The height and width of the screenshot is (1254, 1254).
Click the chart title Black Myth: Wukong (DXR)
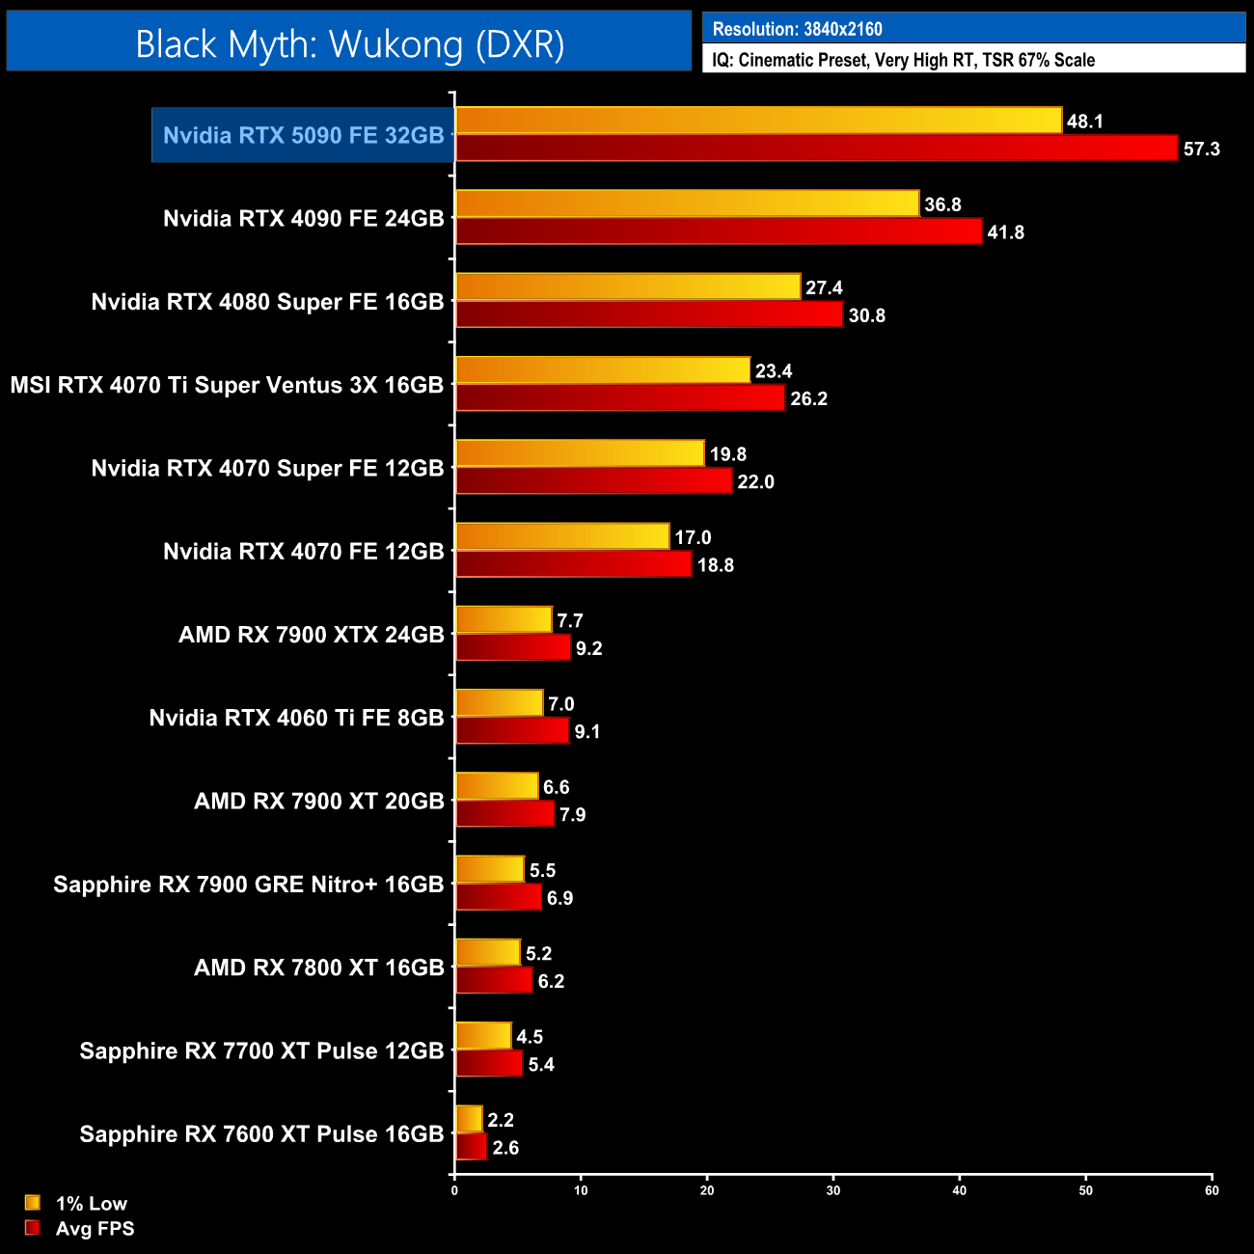tap(349, 44)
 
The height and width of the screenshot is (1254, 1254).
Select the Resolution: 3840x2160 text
tap(797, 29)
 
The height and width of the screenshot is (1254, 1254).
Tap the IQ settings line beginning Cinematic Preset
tap(903, 60)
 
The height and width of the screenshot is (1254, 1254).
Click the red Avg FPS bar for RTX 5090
tap(816, 149)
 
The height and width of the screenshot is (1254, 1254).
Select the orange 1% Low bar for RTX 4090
tap(687, 204)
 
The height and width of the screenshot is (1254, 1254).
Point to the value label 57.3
tap(1201, 149)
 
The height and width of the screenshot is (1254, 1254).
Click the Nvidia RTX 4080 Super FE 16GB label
tap(267, 302)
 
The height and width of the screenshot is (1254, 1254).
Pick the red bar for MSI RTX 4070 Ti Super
tap(620, 398)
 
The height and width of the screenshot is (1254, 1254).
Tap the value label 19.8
tap(728, 454)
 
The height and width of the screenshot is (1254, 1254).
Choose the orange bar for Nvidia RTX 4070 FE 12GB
tap(562, 536)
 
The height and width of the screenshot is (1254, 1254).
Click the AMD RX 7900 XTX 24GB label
tap(311, 635)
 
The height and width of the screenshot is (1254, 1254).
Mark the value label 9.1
tap(587, 732)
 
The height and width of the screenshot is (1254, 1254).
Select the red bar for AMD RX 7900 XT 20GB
tap(504, 814)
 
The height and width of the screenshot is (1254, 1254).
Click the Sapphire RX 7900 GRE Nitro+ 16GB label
tap(248, 885)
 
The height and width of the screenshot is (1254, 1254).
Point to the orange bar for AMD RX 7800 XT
tap(487, 953)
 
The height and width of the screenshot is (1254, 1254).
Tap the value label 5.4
tap(541, 1065)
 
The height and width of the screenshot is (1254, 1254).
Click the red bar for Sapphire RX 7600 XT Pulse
tap(471, 1147)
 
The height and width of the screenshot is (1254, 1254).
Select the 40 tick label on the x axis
tap(959, 1190)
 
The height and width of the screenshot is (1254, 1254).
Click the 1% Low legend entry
tap(91, 1203)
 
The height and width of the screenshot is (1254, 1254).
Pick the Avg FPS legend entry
tap(95, 1228)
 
